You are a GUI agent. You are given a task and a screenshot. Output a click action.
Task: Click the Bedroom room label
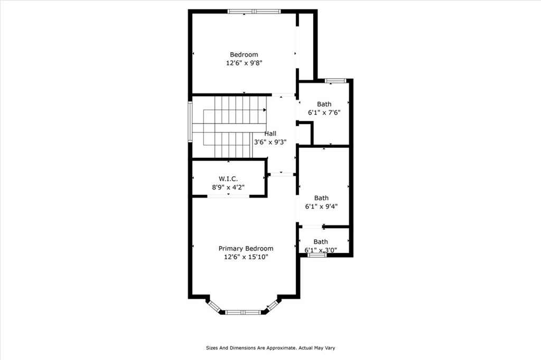(x=244, y=54)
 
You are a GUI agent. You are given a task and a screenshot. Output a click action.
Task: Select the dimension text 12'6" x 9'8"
(x=244, y=63)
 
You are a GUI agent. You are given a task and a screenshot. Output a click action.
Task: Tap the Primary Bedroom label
(x=246, y=249)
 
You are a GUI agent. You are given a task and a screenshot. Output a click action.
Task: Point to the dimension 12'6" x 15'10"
(x=246, y=257)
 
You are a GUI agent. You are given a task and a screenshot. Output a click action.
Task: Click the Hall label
(x=270, y=134)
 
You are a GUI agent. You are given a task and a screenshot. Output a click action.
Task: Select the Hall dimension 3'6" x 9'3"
(x=270, y=141)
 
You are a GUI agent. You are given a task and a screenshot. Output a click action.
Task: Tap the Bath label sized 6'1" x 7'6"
(x=324, y=104)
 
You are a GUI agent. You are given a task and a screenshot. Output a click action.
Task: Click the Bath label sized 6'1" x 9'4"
(x=321, y=198)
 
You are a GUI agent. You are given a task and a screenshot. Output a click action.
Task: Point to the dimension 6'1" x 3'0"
(x=321, y=250)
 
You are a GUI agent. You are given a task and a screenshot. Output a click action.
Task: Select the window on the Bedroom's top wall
(x=253, y=11)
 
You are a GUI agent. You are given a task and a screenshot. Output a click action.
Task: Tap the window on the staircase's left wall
(x=190, y=121)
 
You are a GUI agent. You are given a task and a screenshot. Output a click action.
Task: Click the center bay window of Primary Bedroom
(x=243, y=312)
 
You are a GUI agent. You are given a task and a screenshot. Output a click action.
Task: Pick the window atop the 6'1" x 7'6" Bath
(x=335, y=81)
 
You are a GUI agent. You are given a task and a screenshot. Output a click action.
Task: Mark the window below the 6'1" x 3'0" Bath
(x=317, y=255)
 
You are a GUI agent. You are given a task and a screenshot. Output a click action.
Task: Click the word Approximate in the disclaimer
(x=277, y=348)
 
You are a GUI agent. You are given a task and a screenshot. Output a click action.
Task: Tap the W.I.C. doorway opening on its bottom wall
(x=228, y=196)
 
